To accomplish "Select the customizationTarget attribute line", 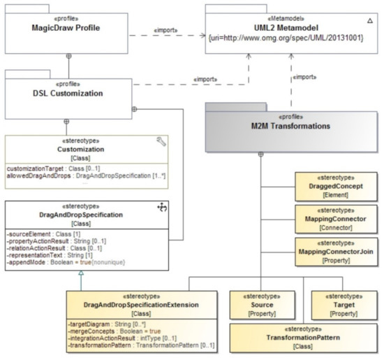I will [55, 168].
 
